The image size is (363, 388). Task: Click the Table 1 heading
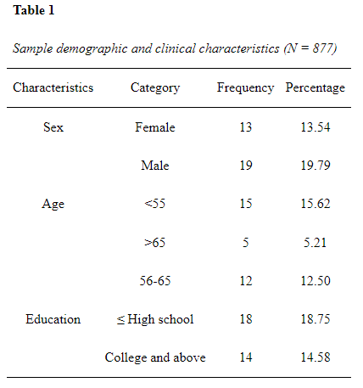(33, 10)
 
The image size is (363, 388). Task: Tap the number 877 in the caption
(323, 48)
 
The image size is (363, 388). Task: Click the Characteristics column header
(53, 87)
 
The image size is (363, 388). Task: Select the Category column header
(155, 88)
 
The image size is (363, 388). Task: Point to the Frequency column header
(245, 88)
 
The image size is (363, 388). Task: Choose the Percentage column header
(316, 88)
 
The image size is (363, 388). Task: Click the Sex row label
(53, 127)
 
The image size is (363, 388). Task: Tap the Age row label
(53, 204)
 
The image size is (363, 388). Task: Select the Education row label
(53, 319)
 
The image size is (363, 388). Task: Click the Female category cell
(155, 127)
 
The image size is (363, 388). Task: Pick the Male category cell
(155, 166)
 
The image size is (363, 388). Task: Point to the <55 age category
(154, 204)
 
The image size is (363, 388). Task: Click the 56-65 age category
(155, 281)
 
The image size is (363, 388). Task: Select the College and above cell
(155, 357)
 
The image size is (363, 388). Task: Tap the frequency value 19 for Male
(246, 166)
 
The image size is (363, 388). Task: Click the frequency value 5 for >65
(246, 243)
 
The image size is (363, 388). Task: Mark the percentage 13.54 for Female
(316, 127)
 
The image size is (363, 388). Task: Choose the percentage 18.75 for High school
(316, 319)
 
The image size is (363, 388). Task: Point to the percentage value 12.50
(316, 281)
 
